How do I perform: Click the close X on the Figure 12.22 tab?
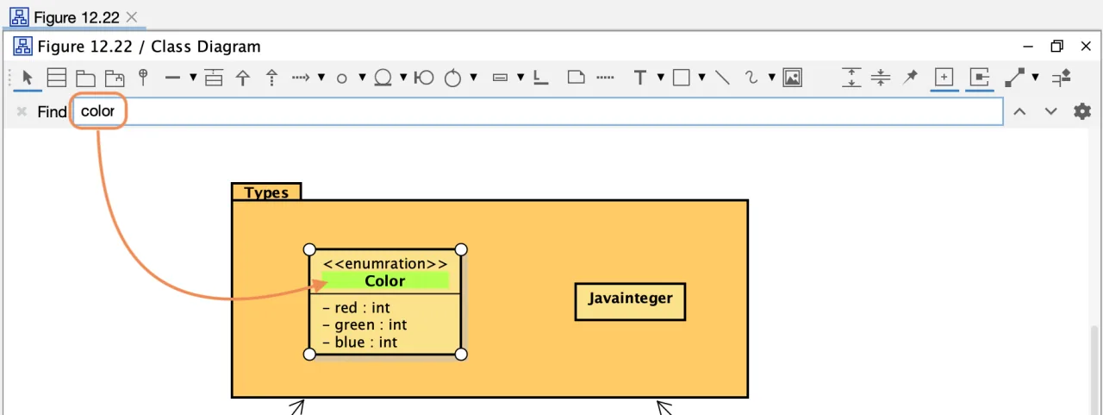pos(132,17)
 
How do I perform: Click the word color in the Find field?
pos(97,111)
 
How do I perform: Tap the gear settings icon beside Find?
pos(1081,111)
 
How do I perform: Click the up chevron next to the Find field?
pos(1019,111)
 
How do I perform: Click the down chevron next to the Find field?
pos(1050,111)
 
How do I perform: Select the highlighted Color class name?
pos(385,280)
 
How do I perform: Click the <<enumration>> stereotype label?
pos(385,264)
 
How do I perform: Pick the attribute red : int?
pos(356,307)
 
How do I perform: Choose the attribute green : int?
pos(365,324)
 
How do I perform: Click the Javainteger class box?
pos(630,302)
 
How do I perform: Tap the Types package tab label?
pos(266,192)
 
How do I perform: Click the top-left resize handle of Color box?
pos(309,249)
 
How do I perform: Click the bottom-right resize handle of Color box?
pos(461,354)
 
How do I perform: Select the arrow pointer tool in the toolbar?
pos(27,78)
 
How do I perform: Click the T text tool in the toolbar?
pos(639,78)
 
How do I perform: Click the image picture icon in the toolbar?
pos(792,78)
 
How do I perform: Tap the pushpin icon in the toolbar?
pos(910,77)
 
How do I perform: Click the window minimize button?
pos(1028,47)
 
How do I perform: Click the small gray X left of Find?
pos(22,111)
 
